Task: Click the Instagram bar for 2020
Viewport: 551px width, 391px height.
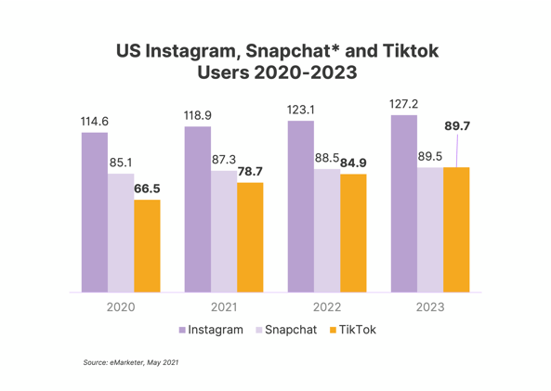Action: tap(94, 213)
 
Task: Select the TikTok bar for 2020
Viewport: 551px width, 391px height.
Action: tap(147, 246)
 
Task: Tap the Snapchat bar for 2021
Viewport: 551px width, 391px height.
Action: tap(223, 231)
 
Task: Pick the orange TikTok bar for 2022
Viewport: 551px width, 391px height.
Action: tap(353, 233)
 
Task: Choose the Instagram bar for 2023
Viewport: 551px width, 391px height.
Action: tap(404, 204)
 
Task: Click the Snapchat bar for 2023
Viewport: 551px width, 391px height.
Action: tap(430, 230)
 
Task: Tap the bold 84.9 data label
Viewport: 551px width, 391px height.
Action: tap(353, 163)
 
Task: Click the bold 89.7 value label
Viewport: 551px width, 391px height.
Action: tap(457, 125)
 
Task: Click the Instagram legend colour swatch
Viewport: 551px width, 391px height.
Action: tap(183, 330)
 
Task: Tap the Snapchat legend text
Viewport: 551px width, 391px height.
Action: tap(291, 330)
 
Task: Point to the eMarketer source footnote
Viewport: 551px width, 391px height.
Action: tap(131, 361)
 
